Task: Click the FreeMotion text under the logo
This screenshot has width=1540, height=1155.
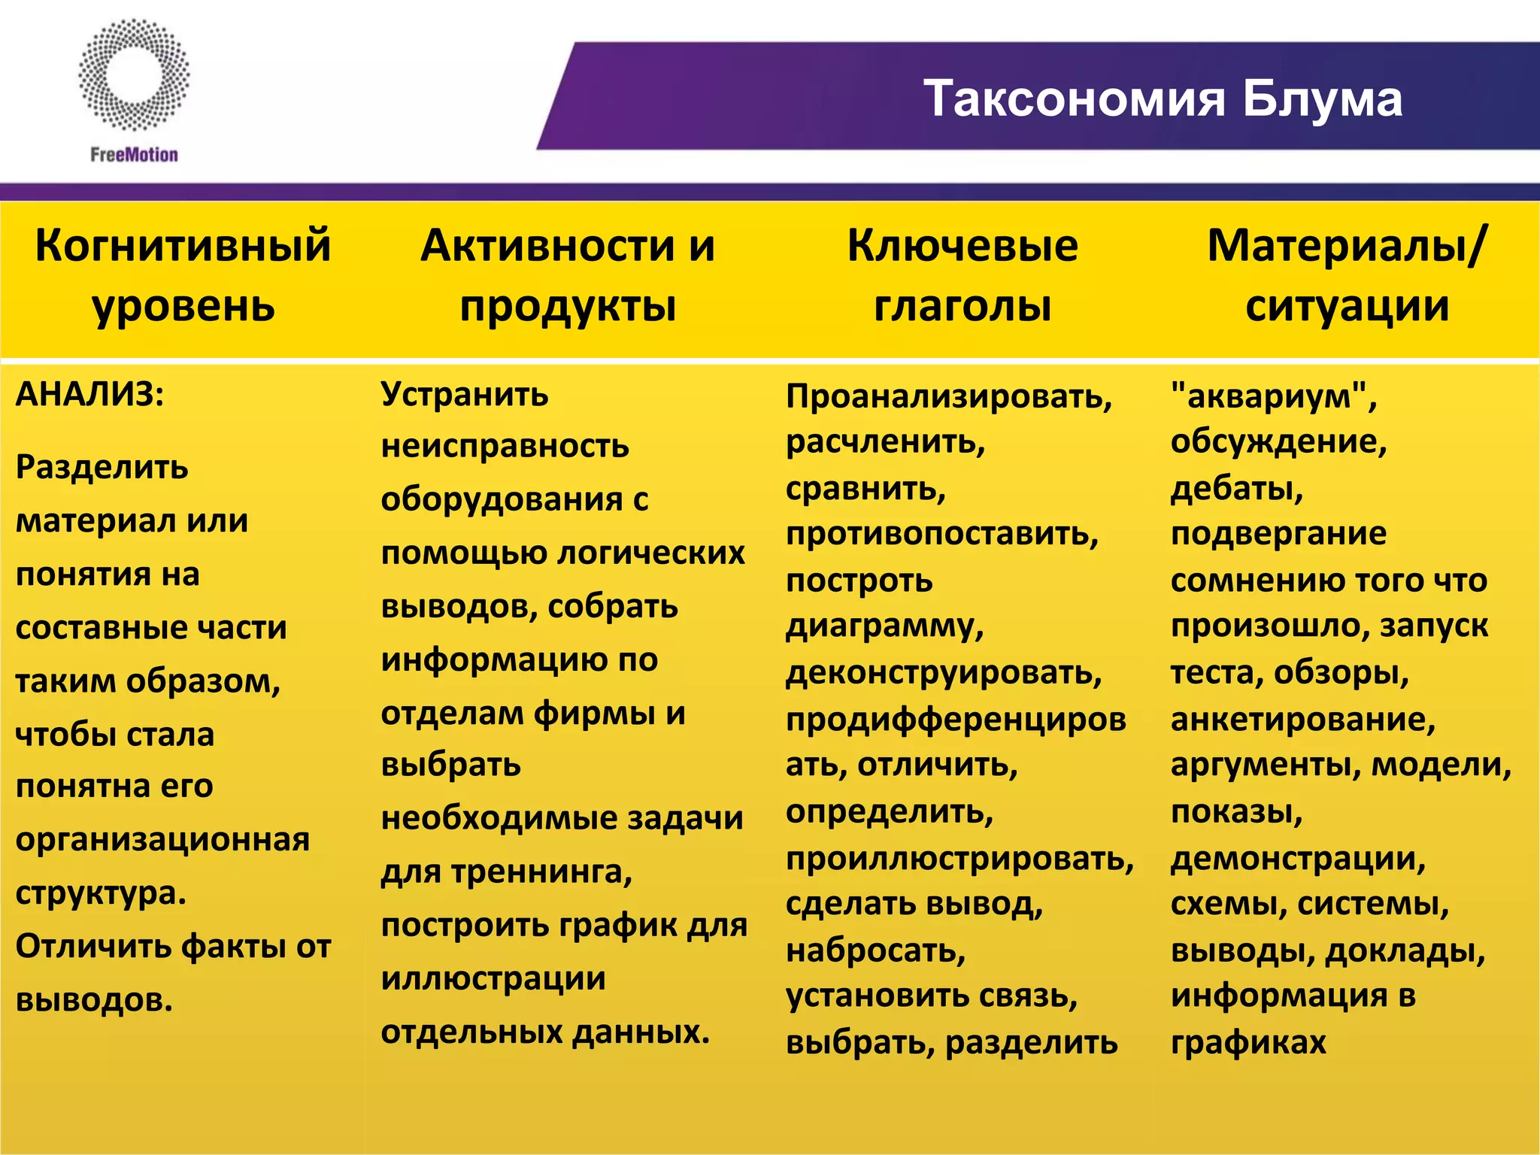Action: (134, 155)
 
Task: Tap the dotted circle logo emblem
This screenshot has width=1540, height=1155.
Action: (134, 75)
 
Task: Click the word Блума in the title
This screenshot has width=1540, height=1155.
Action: (1322, 99)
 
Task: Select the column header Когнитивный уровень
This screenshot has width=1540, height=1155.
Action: (183, 275)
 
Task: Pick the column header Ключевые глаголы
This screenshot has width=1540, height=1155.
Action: (962, 275)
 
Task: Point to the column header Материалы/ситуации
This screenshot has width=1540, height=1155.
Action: (1347, 275)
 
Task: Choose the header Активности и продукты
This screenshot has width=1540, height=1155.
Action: (568, 275)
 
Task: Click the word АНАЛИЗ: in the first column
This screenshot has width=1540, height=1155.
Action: (89, 394)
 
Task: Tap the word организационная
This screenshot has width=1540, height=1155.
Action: (162, 839)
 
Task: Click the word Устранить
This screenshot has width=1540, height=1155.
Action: (465, 394)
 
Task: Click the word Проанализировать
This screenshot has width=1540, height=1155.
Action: (948, 396)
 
